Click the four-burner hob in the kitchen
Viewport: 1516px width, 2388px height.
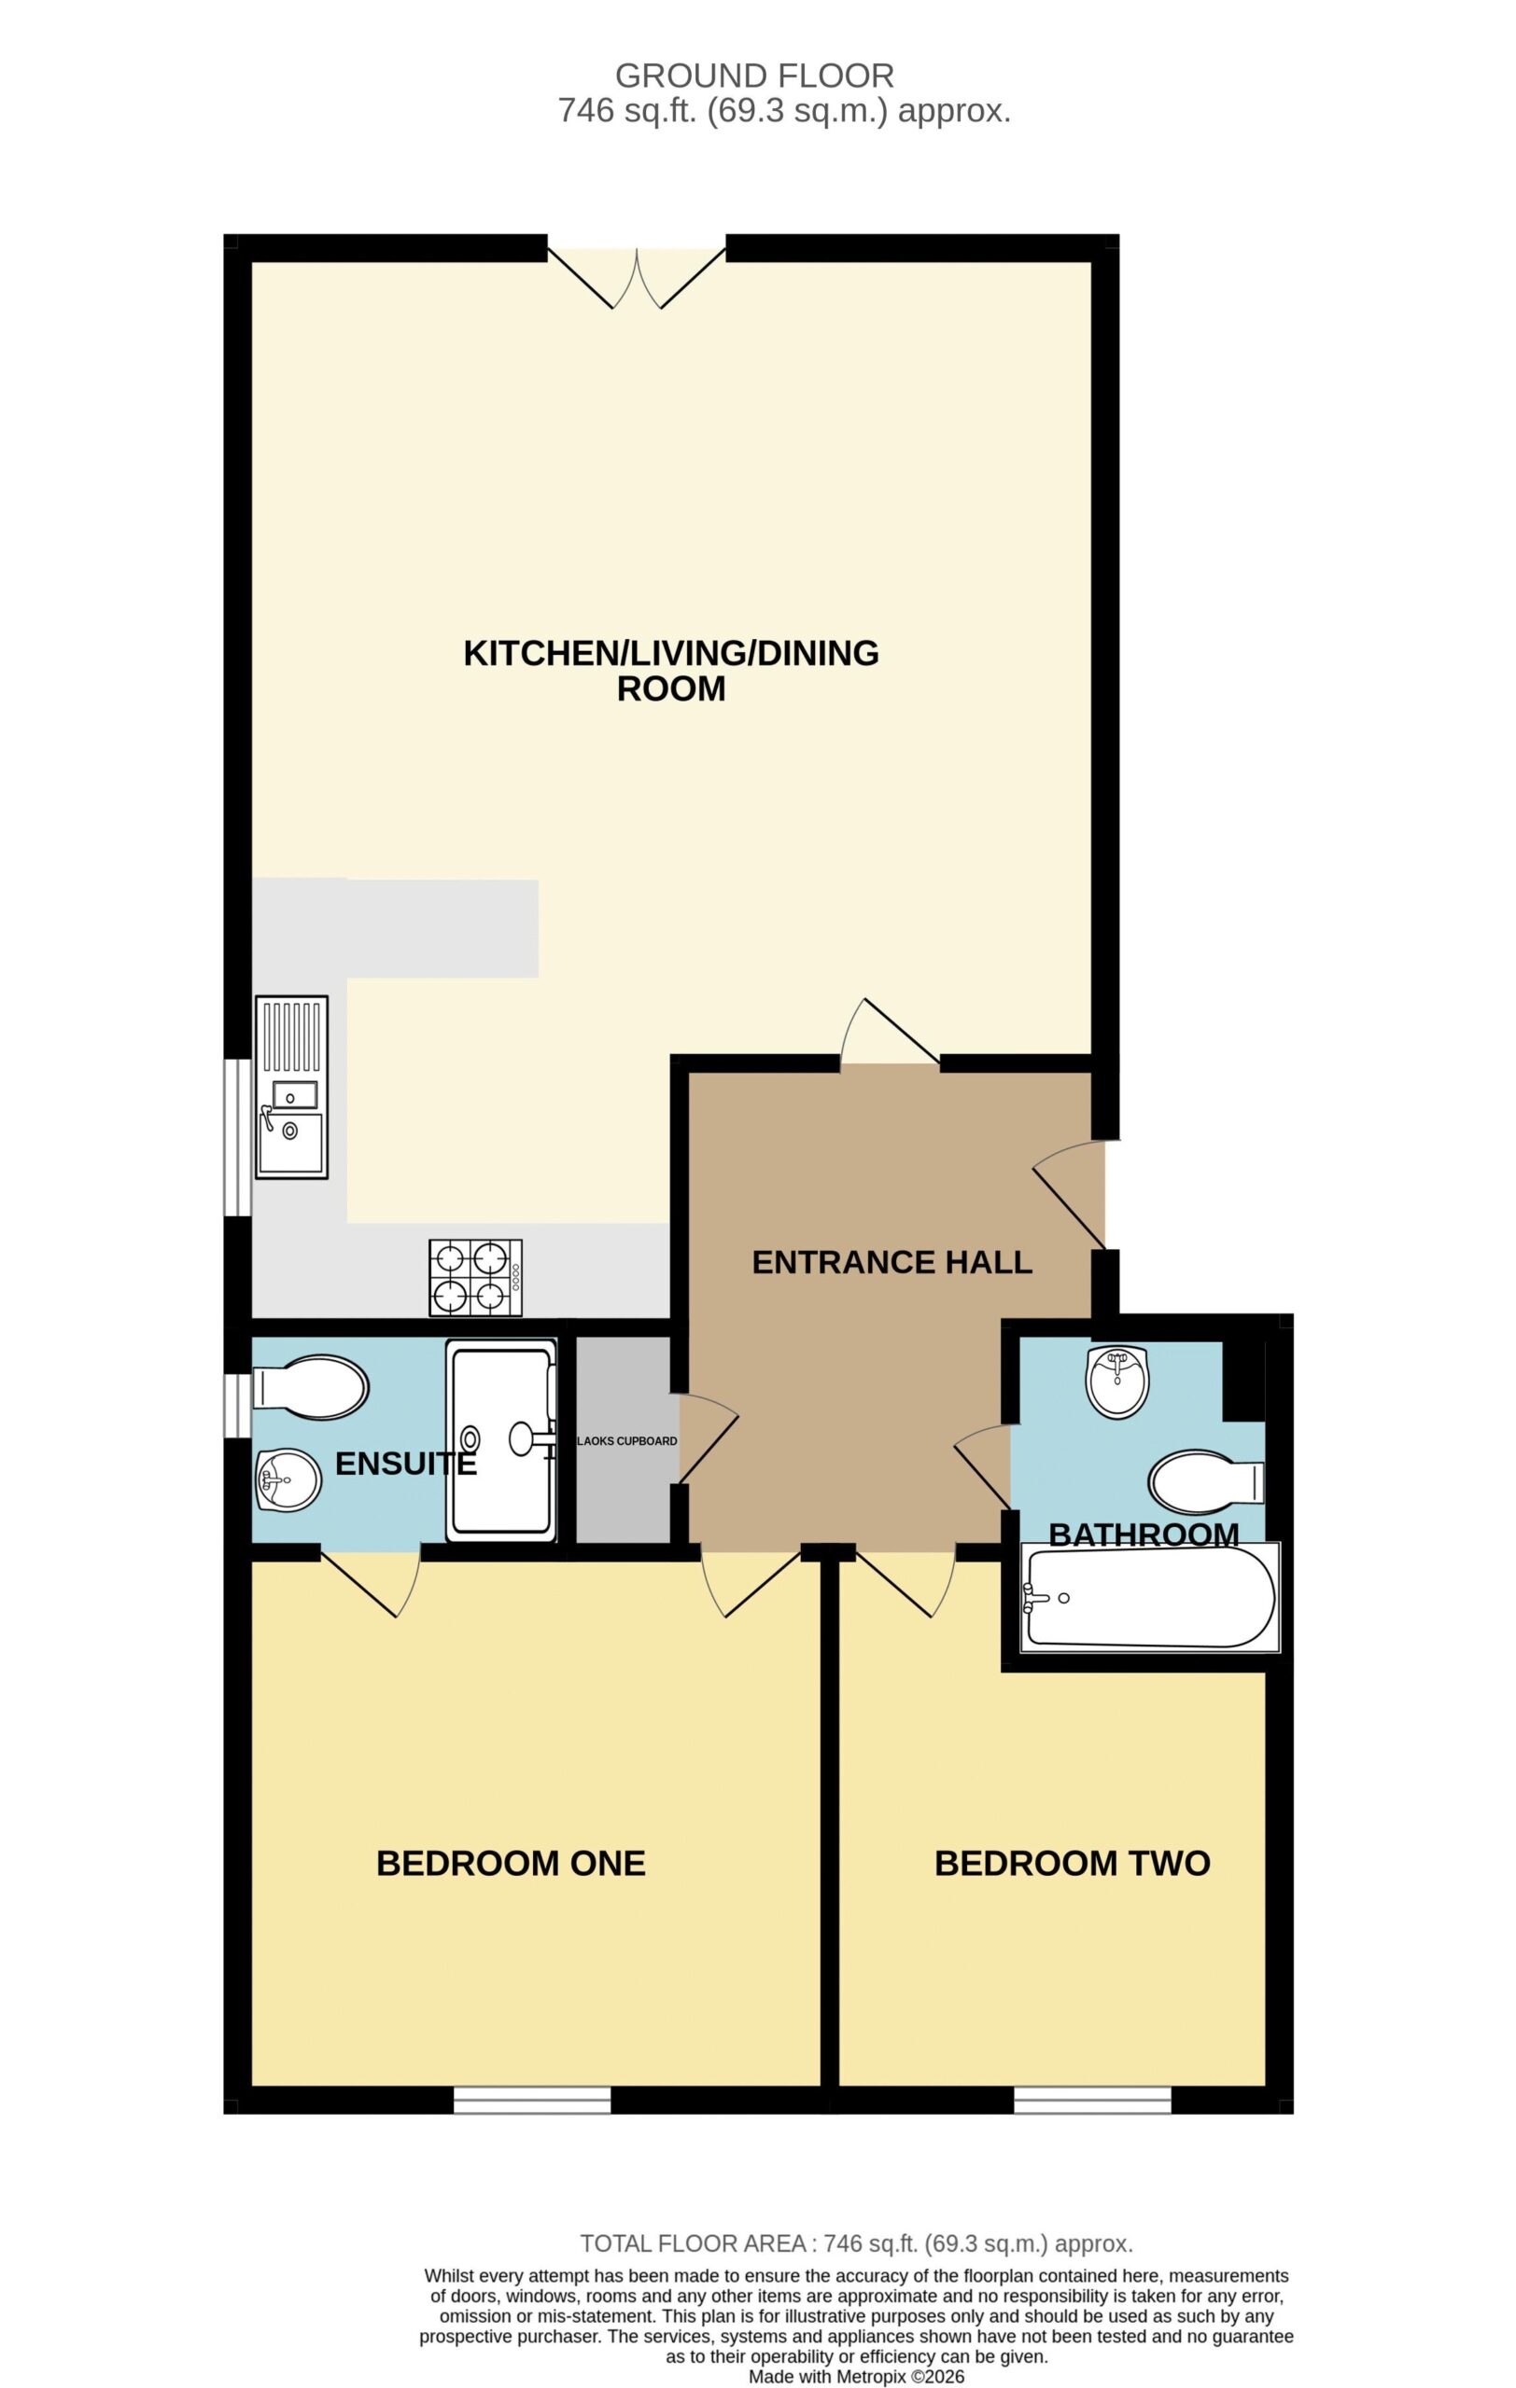[475, 1277]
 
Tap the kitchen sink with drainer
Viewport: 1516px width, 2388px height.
[290, 1087]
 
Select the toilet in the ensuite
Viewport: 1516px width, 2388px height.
[311, 1386]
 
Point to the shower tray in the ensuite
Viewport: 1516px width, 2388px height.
[501, 1440]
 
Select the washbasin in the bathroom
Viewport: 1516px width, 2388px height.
[1117, 1381]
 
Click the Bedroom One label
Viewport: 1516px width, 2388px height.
[511, 1864]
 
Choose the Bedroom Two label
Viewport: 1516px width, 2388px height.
[1073, 1864]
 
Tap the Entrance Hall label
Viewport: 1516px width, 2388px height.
[891, 1262]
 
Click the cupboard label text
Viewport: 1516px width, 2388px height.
[627, 1441]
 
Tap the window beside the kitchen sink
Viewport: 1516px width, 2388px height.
[237, 1136]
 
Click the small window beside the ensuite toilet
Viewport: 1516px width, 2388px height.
[237, 1405]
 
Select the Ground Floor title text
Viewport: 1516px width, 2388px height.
[755, 76]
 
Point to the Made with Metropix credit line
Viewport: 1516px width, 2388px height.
[856, 2377]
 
